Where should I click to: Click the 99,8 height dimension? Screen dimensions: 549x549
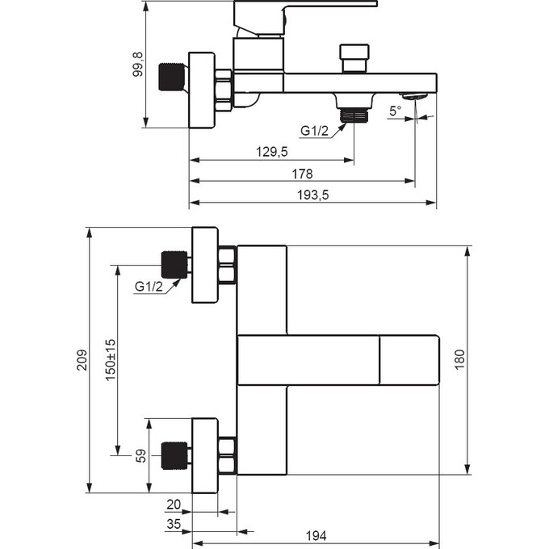138,65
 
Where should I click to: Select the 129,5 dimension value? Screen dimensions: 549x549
272,151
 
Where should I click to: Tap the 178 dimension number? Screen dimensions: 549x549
303,173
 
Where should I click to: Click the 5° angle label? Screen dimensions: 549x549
395,111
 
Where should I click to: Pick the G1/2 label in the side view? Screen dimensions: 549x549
315,131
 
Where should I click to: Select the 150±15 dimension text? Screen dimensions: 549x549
111,359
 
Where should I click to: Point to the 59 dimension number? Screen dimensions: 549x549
140,456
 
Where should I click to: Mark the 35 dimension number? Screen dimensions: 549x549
174,524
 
